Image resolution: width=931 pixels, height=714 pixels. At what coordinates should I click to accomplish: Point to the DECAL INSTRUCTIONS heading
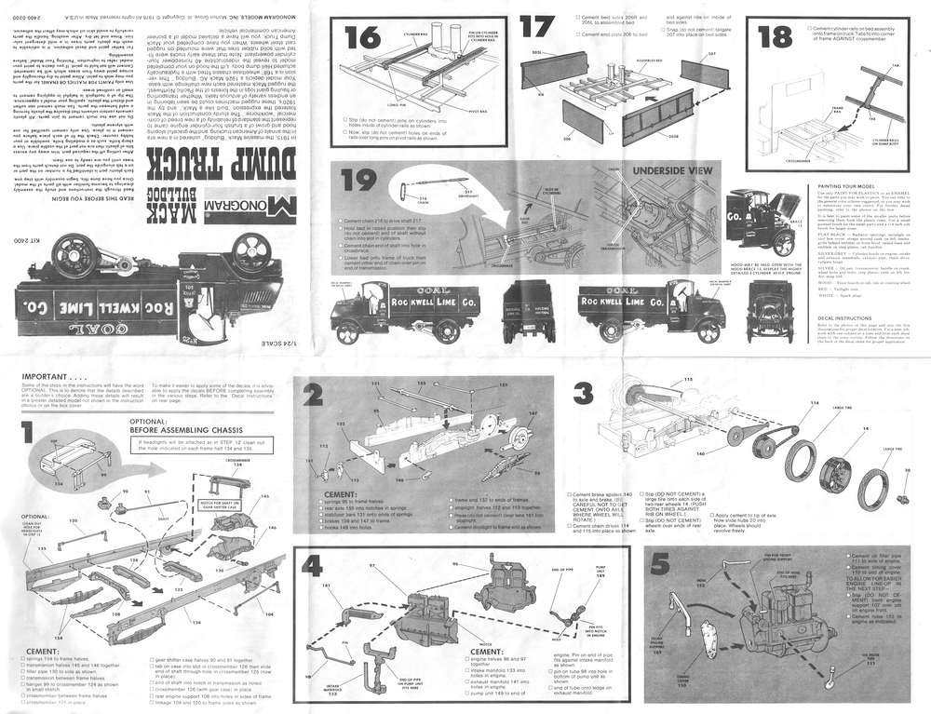click(835, 317)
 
